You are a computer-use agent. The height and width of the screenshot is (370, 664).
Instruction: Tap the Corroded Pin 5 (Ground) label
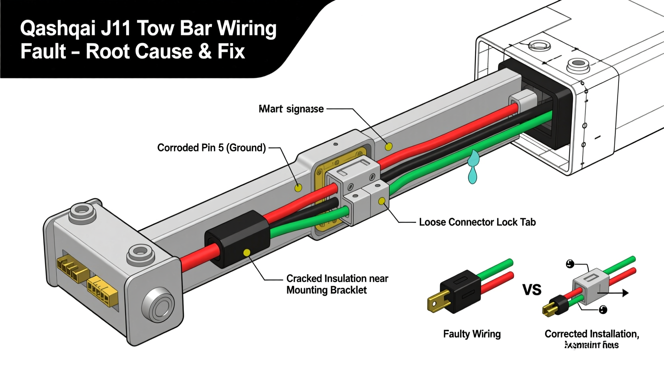[x=211, y=148]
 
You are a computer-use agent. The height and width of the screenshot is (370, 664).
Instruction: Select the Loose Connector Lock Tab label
[x=477, y=222]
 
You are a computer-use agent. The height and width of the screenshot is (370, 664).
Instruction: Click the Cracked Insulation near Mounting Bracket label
[x=337, y=284]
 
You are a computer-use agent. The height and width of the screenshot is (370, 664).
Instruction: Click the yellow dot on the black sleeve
[x=247, y=252]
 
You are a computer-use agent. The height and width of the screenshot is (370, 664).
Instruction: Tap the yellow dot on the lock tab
[x=382, y=201]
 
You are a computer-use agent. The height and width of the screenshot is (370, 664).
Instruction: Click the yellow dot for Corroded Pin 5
[x=298, y=187]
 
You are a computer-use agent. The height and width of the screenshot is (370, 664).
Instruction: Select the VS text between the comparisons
[x=532, y=290]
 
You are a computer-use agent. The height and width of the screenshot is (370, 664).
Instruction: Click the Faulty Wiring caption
[x=472, y=334]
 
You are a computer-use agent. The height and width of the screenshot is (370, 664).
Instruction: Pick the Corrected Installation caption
[x=591, y=334]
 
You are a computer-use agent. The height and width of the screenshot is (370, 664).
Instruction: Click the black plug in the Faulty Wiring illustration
[x=460, y=291]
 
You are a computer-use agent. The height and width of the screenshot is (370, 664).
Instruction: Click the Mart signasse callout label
[x=291, y=109]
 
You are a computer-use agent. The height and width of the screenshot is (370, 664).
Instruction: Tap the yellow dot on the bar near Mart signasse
[x=388, y=147]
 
